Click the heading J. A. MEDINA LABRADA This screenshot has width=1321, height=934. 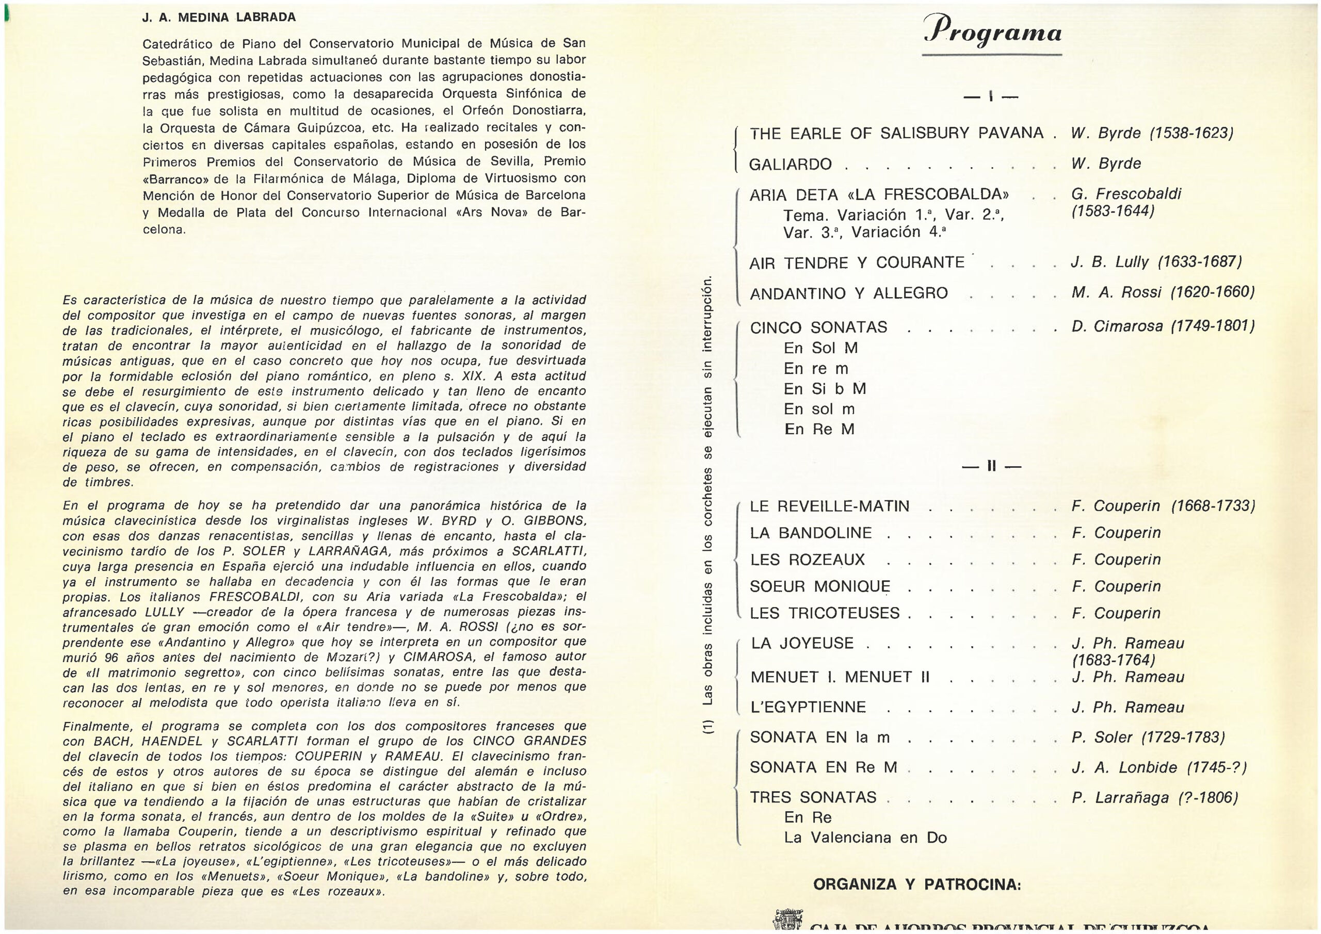[219, 17]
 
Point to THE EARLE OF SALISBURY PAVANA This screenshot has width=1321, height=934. [896, 134]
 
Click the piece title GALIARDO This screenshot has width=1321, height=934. [790, 165]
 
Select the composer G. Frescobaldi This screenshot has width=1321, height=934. [1126, 194]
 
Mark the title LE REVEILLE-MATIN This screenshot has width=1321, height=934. [829, 506]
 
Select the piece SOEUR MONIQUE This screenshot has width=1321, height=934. [820, 586]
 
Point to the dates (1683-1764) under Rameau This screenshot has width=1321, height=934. [1113, 660]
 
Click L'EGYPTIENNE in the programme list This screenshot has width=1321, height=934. [808, 708]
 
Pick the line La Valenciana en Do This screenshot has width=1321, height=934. [865, 838]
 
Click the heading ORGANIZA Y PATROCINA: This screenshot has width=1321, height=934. [917, 884]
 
